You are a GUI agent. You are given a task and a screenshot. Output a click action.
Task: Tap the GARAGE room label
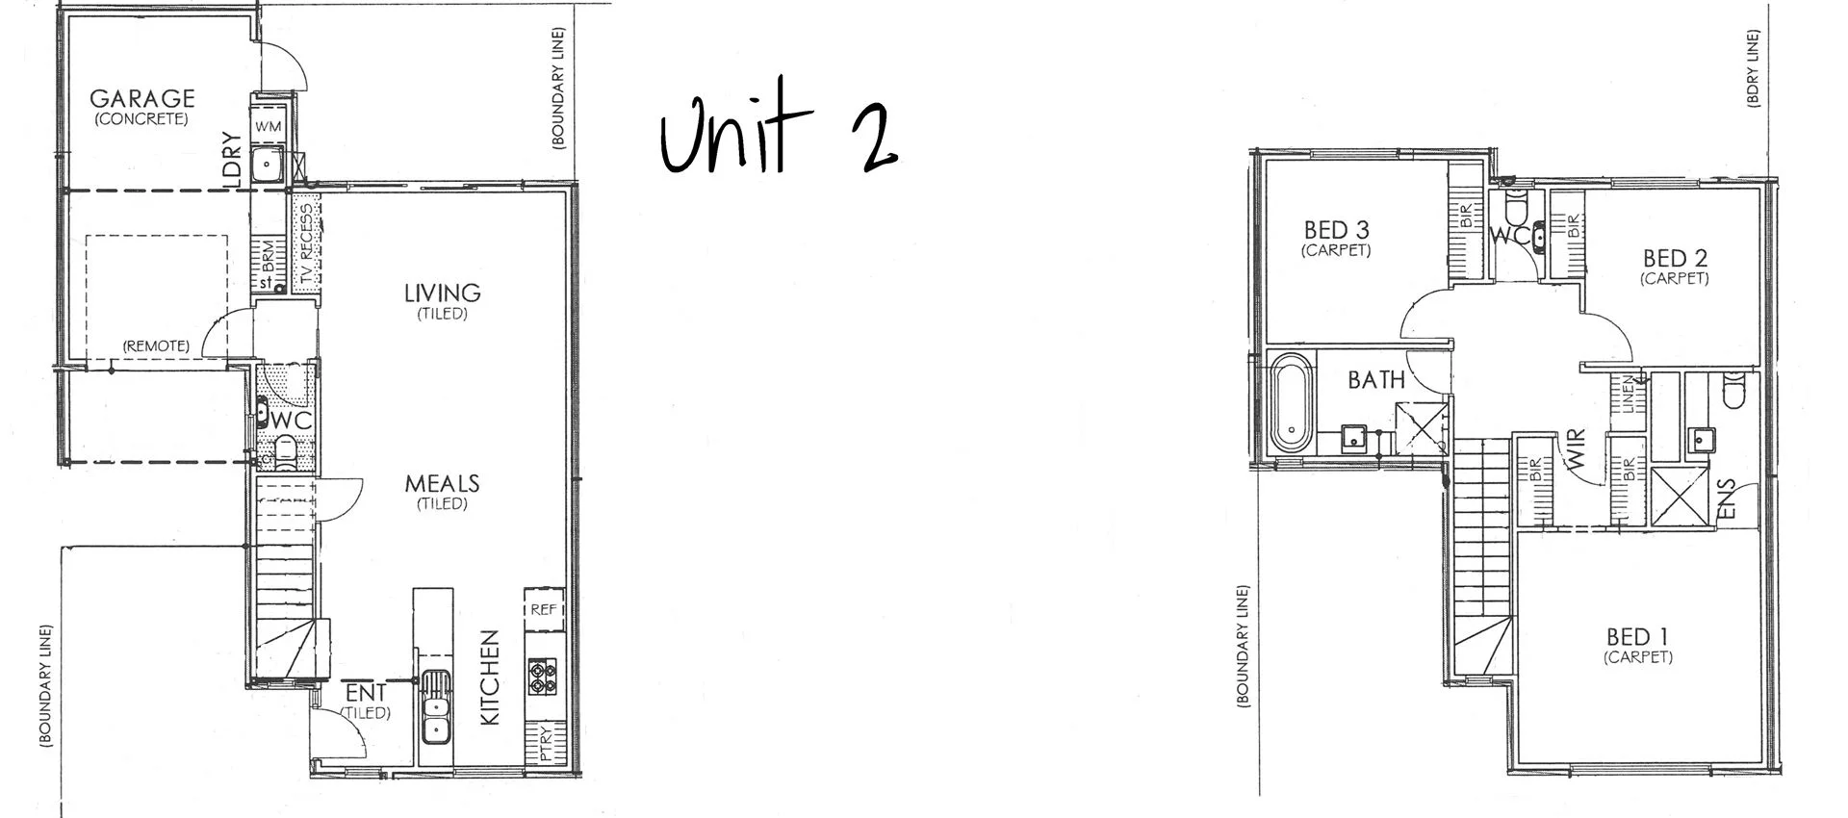[141, 98]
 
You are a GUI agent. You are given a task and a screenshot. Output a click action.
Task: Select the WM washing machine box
[269, 126]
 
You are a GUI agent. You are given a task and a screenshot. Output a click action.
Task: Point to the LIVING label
[442, 293]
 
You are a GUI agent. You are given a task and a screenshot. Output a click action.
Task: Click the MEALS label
[442, 483]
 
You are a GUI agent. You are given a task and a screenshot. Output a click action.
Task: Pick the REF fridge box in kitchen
[544, 609]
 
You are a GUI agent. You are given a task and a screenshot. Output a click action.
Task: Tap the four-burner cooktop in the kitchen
[542, 675]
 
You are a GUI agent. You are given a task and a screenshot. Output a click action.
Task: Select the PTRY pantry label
[546, 743]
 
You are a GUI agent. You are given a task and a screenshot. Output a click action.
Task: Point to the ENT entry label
[366, 693]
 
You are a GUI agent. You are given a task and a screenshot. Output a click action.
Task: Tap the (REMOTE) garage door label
[156, 345]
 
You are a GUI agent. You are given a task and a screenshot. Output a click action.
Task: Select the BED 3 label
[1336, 230]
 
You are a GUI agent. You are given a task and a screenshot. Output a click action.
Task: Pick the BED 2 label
[1675, 258]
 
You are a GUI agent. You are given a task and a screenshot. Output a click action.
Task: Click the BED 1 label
[1637, 637]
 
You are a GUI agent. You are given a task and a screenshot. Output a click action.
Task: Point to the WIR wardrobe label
[1577, 449]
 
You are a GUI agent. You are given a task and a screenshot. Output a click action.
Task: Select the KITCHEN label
[490, 677]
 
